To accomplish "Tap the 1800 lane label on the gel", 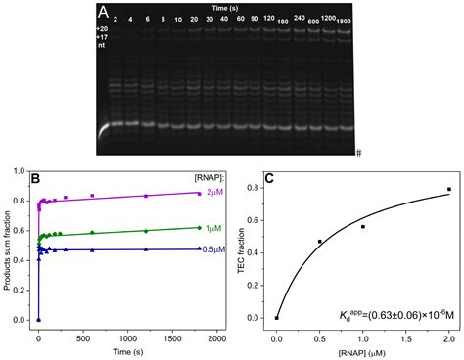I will tap(343, 22).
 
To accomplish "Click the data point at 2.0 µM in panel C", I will tap(449, 189).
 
